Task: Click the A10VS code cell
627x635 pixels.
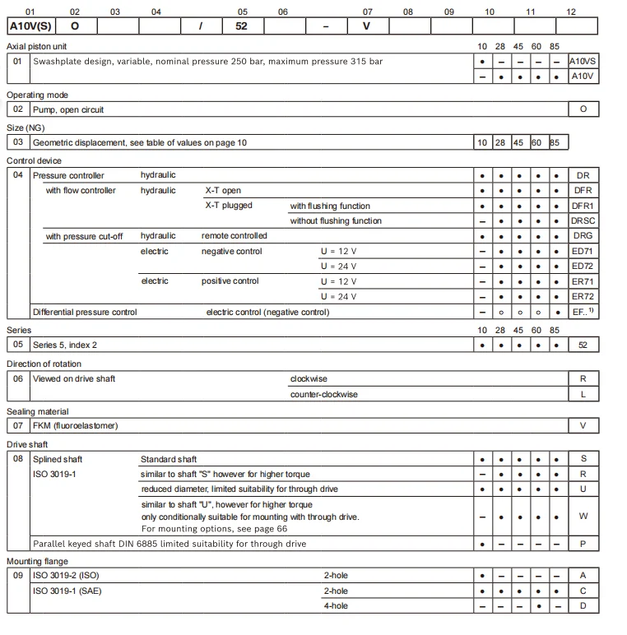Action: click(583, 61)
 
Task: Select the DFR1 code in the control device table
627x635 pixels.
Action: click(583, 206)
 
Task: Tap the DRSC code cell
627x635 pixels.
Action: click(583, 220)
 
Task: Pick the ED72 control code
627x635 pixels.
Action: click(583, 266)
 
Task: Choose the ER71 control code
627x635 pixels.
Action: click(583, 281)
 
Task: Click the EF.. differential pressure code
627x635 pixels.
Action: click(583, 312)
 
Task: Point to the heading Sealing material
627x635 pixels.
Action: click(38, 411)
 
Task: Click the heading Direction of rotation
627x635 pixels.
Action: click(44, 364)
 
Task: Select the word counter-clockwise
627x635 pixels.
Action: click(324, 394)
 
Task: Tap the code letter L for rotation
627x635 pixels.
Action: click(583, 394)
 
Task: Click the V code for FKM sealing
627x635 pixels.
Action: click(583, 425)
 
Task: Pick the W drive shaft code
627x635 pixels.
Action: click(583, 517)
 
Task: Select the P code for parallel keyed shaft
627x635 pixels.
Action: click(583, 544)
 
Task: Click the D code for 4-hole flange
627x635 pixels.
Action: click(583, 605)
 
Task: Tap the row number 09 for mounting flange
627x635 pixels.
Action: click(18, 575)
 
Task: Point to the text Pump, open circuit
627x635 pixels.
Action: click(68, 109)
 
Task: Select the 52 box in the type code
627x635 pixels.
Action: click(242, 25)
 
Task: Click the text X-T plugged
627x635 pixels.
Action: click(229, 206)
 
